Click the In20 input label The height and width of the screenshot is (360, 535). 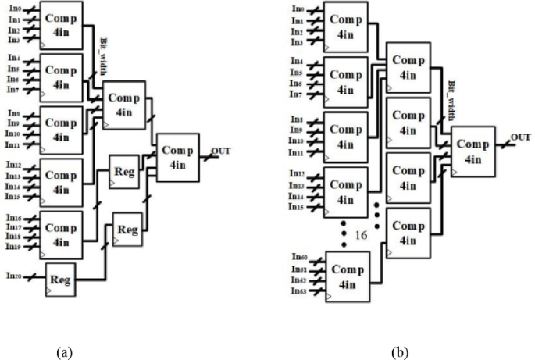pyautogui.click(x=13, y=275)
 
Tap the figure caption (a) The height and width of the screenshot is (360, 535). pyautogui.click(x=64, y=352)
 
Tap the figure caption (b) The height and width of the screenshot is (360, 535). pyautogui.click(x=398, y=352)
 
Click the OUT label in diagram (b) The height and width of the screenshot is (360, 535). pyautogui.click(x=521, y=137)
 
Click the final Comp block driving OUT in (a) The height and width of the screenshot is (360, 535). pyautogui.click(x=179, y=158)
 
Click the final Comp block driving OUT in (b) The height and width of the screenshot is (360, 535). pyautogui.click(x=473, y=151)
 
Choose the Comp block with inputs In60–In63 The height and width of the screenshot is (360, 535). pyautogui.click(x=347, y=274)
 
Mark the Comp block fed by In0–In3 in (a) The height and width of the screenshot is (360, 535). pyautogui.click(x=60, y=25)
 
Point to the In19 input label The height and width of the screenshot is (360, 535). pyautogui.click(x=13, y=246)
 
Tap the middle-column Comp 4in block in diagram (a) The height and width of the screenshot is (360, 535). pyautogui.click(x=125, y=104)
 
